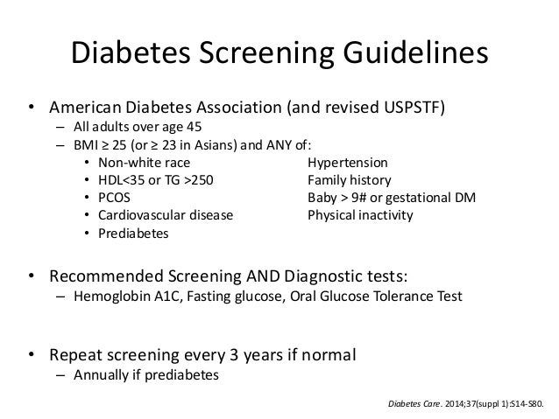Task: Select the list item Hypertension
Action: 348,163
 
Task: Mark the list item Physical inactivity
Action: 359,215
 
